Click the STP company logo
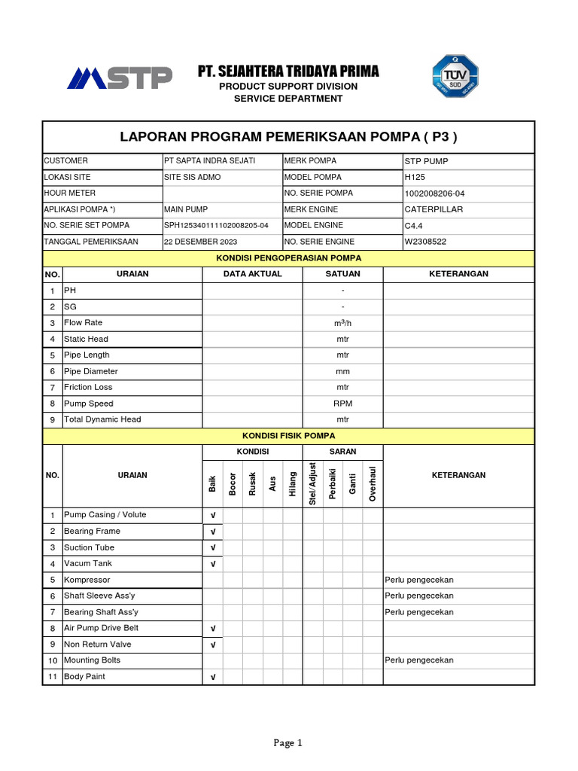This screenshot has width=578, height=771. pyautogui.click(x=120, y=78)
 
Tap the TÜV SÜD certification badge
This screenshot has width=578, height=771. pyautogui.click(x=455, y=77)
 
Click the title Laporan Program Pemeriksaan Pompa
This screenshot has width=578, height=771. pyautogui.click(x=288, y=137)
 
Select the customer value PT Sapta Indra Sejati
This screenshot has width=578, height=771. pyautogui.click(x=199, y=161)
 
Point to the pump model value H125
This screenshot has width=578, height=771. pyautogui.click(x=415, y=178)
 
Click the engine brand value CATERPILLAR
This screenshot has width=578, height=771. pyautogui.click(x=433, y=209)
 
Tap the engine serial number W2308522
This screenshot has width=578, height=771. pyautogui.click(x=425, y=242)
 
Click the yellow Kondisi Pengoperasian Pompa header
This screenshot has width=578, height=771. pyautogui.click(x=288, y=258)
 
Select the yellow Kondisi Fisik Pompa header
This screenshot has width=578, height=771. pyautogui.click(x=288, y=436)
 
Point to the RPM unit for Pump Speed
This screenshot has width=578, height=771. pyautogui.click(x=342, y=404)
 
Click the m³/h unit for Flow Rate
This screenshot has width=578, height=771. pyautogui.click(x=342, y=323)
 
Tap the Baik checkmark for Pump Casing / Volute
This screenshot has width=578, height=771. pyautogui.click(x=213, y=516)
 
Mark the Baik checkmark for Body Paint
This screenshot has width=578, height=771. pyautogui.click(x=213, y=678)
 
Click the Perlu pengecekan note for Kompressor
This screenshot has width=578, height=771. pyautogui.click(x=419, y=580)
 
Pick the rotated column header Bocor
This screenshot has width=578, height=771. pyautogui.click(x=233, y=484)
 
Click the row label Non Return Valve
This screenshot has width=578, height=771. pyautogui.click(x=97, y=645)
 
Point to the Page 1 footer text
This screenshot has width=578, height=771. pyautogui.click(x=288, y=743)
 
